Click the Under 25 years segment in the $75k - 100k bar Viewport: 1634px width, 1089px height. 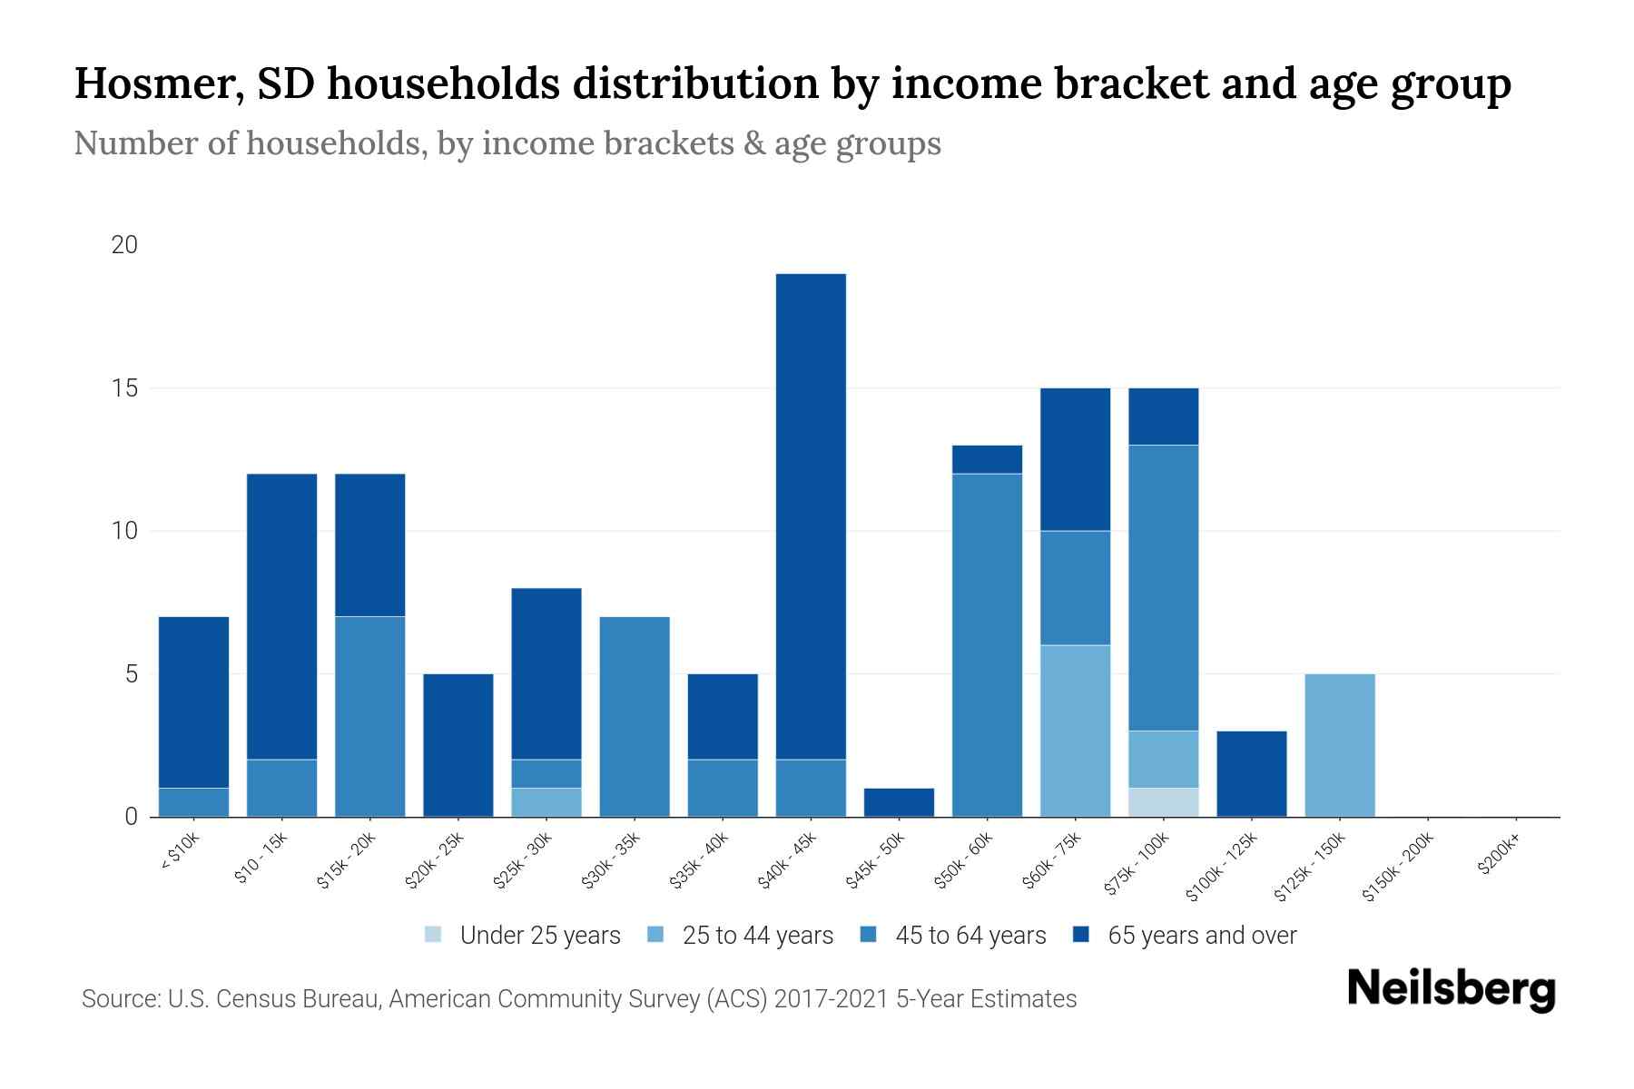(1163, 802)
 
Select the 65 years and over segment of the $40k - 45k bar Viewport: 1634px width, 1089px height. (811, 515)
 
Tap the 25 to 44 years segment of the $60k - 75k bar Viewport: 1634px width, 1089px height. (1075, 731)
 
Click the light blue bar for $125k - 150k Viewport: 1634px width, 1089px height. (1339, 745)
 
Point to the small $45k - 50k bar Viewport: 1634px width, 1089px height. (899, 802)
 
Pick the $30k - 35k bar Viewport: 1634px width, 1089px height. (635, 717)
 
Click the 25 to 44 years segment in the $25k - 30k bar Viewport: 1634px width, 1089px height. (546, 802)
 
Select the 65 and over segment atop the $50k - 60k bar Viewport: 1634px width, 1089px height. (987, 459)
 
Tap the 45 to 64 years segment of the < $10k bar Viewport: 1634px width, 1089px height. (193, 802)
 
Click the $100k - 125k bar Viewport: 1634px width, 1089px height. (1251, 773)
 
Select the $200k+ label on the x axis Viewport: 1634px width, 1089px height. (1498, 858)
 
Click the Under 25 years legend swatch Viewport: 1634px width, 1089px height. (434, 934)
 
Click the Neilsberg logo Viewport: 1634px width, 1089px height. (1451, 988)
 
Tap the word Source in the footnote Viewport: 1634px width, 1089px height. (119, 998)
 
